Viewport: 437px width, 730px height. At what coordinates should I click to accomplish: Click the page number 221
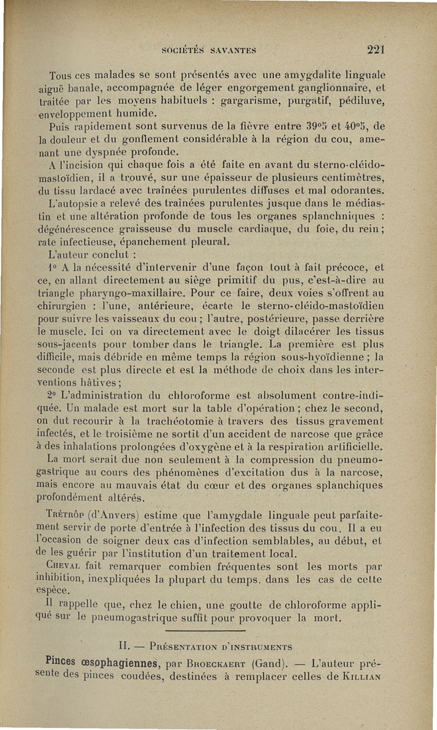coord(376,49)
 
